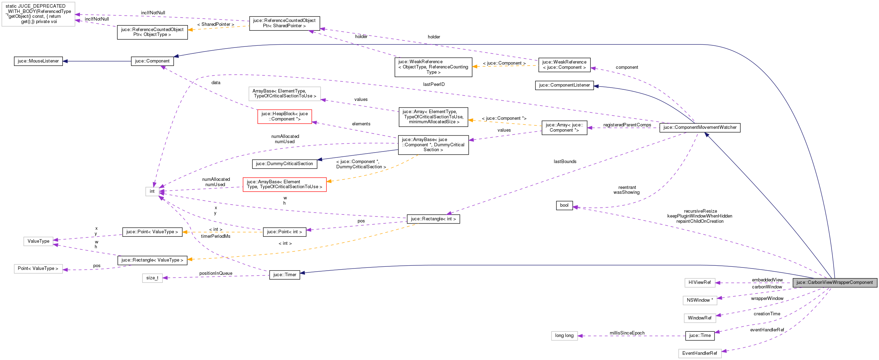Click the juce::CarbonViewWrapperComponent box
click(x=834, y=282)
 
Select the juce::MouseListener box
click(x=38, y=61)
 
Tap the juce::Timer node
click(x=284, y=275)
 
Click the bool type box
click(x=564, y=205)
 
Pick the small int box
click(x=152, y=191)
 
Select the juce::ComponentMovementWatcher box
click(x=699, y=127)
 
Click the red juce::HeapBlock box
click(x=284, y=116)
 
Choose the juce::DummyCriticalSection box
click(x=284, y=164)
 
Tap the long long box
click(x=564, y=336)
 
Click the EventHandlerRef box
click(x=699, y=353)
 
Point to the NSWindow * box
click(x=699, y=300)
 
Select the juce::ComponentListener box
click(x=564, y=85)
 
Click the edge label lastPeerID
click(x=434, y=85)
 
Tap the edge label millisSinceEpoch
click(x=627, y=333)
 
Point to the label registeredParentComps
click(x=627, y=125)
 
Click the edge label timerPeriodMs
click(x=215, y=236)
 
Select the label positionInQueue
click(x=215, y=273)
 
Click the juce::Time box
click(x=699, y=336)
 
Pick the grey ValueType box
click(x=38, y=241)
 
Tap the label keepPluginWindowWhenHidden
click(x=699, y=216)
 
